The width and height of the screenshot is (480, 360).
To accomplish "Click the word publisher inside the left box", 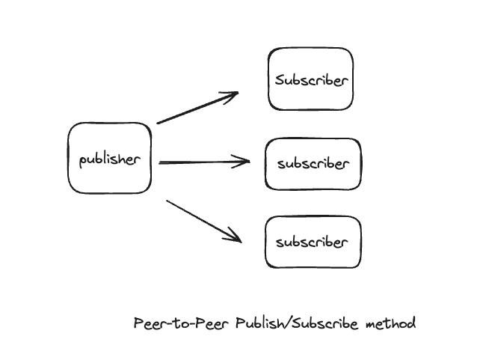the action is pos(110,159).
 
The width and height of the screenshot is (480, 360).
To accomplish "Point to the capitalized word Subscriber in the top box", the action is pos(312,80).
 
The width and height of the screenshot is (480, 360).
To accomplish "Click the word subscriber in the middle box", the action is pos(313,163).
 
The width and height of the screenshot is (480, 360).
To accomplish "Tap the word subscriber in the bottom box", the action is pos(312,242).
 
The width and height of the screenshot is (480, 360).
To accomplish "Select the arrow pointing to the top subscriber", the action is pos(197,107).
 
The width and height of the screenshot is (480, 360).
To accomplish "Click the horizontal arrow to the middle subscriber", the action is pos(204,162).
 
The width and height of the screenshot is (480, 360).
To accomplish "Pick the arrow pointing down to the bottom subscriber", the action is pos(204,222).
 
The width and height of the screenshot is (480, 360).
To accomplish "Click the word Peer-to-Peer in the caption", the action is pos(181,323).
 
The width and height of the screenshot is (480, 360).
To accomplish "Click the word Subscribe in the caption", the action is pos(324,323).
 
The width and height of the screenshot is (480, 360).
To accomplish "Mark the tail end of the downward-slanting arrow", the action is pos(167,201).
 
